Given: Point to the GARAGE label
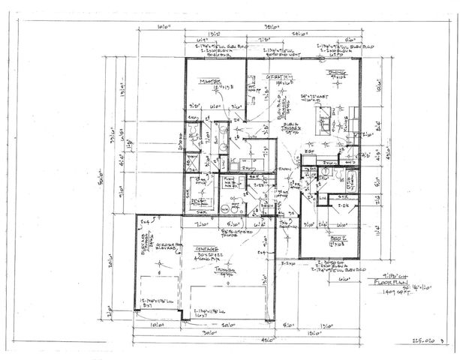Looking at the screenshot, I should point(207,248).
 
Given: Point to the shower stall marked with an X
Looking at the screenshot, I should point(192,162).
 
